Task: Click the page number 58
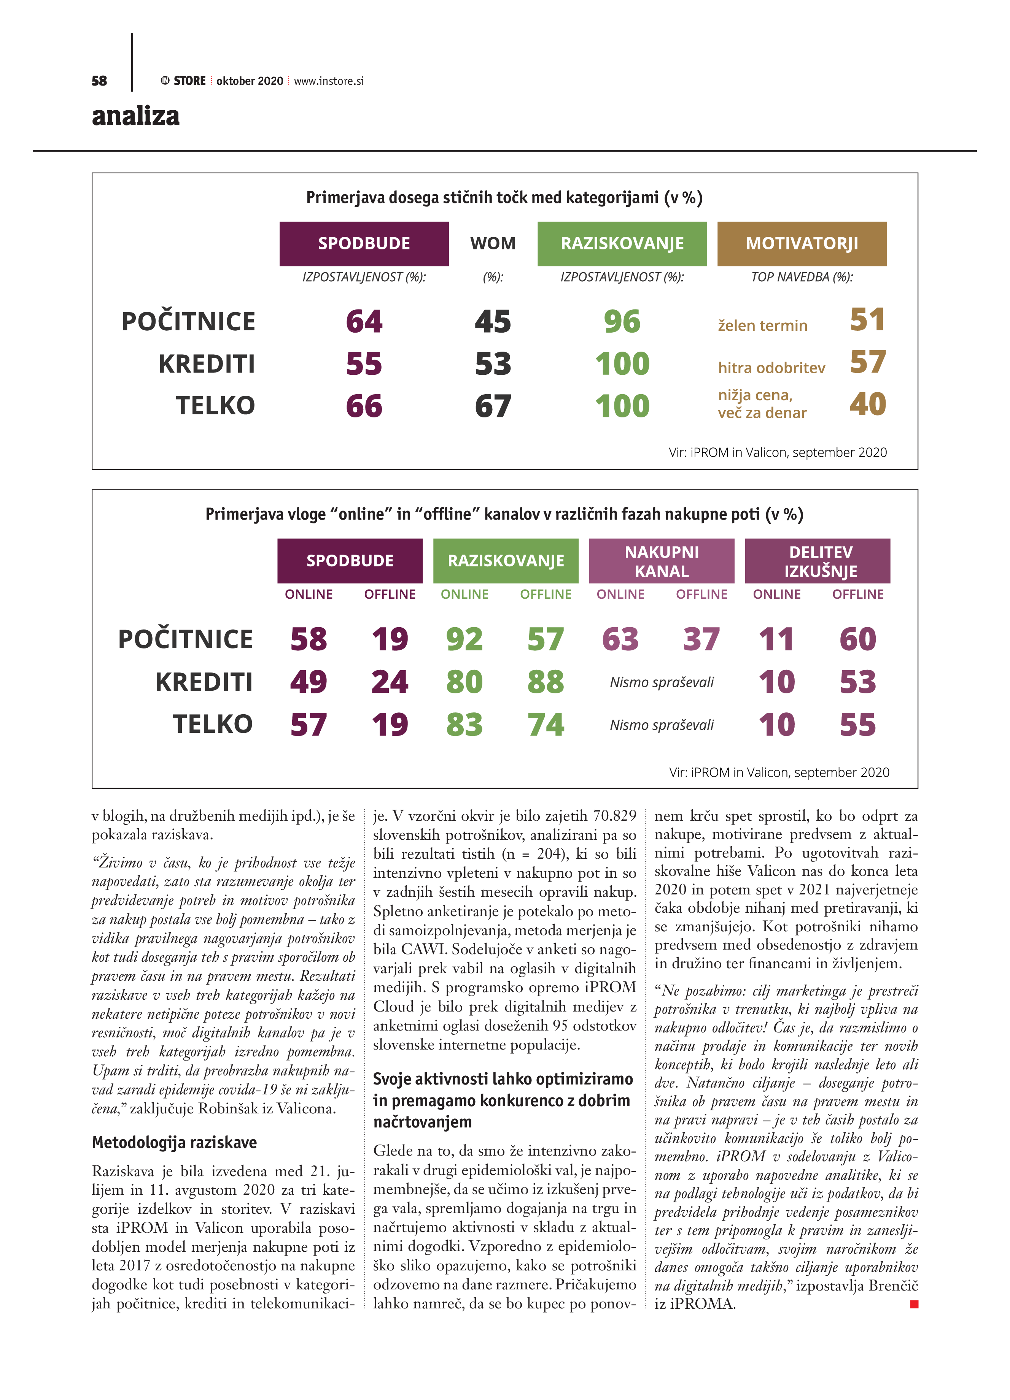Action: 99,81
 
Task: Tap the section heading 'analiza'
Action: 135,116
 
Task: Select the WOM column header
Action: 492,243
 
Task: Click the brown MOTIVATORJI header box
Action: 801,244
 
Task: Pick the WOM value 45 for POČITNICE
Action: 492,322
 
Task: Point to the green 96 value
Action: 622,322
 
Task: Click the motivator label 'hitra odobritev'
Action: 771,368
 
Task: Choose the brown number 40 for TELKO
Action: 867,404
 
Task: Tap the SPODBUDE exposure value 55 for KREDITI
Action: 364,363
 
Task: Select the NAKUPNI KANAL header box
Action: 661,560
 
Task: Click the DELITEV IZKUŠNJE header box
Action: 817,560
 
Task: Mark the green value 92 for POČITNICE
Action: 464,639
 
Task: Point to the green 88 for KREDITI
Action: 546,682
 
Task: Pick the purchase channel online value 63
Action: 620,639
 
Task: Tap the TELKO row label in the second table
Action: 213,724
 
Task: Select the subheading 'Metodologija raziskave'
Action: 174,1142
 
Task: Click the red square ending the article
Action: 914,1304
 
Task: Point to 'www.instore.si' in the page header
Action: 329,81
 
